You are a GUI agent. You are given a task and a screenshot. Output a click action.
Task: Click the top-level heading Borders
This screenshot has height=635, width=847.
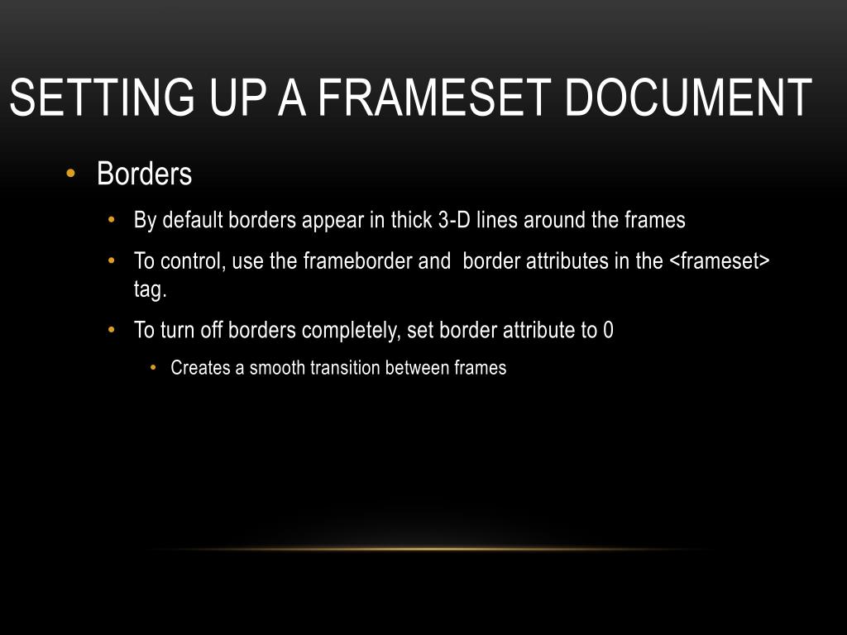pos(144,174)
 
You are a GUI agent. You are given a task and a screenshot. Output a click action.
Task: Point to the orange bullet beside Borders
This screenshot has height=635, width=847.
pos(70,174)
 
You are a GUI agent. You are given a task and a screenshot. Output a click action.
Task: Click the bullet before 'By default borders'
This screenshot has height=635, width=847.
pos(112,221)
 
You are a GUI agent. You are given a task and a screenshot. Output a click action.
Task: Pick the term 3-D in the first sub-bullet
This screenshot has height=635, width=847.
pos(453,221)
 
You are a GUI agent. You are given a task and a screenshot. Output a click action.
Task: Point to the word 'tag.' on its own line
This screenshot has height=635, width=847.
pos(151,289)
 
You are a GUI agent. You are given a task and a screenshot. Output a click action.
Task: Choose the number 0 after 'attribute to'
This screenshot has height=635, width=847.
pos(608,331)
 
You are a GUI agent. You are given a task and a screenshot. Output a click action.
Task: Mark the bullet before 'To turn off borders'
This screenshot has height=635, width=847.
pos(112,331)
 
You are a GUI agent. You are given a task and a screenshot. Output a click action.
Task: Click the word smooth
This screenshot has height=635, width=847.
pos(277,369)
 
